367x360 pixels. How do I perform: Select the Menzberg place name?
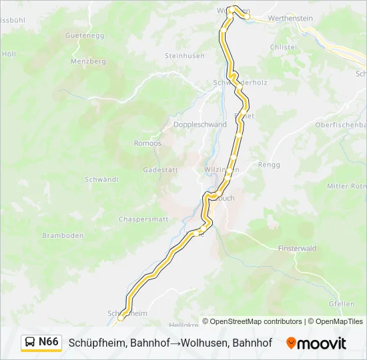point(89,61)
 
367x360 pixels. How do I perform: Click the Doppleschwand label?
point(200,125)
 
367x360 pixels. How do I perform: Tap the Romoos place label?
point(147,143)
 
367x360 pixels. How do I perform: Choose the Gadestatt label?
point(160,170)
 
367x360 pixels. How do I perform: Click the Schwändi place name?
point(101,179)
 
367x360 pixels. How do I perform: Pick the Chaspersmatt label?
point(143,219)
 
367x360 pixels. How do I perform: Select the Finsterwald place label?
point(295,248)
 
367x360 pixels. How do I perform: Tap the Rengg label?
point(269,164)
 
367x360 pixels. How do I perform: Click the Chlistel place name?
point(283,47)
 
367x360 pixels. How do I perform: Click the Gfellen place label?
point(341,304)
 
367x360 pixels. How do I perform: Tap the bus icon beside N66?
point(30,343)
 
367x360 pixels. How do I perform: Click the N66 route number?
point(49,342)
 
